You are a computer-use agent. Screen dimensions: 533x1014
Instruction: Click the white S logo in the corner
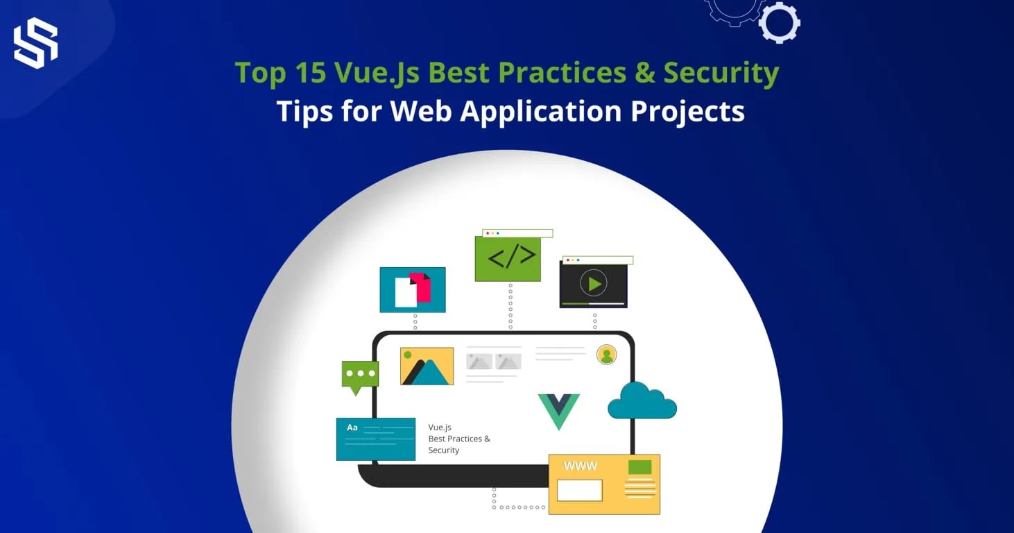[35, 43]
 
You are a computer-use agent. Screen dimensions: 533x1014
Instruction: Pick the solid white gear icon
[780, 23]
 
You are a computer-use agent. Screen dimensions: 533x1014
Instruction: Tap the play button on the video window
[594, 283]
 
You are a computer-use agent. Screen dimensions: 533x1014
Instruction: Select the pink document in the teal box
[420, 287]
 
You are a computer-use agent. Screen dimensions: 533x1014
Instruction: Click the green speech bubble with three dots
[360, 375]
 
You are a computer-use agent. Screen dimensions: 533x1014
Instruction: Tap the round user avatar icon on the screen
[607, 355]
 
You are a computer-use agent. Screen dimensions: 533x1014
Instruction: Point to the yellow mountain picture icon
[427, 366]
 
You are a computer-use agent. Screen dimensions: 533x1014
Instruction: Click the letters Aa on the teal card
[352, 428]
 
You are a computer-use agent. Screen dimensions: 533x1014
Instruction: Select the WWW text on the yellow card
[581, 466]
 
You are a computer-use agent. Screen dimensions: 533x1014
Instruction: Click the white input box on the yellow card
[579, 490]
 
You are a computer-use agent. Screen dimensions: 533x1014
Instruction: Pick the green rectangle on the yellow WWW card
[639, 467]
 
